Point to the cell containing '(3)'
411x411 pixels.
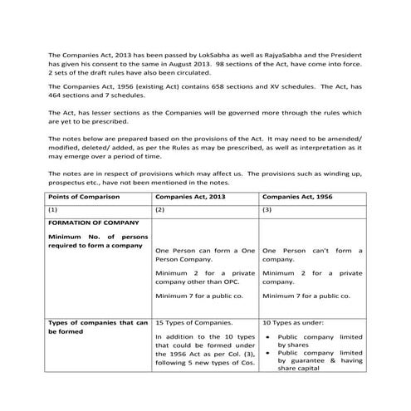[267, 211]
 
